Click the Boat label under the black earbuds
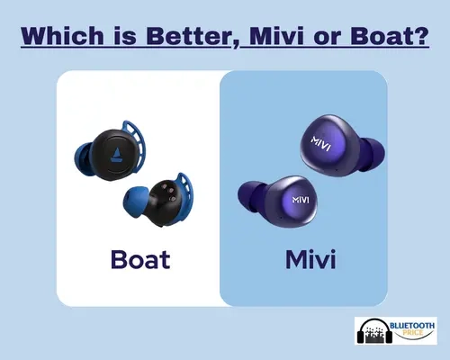[140, 259]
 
